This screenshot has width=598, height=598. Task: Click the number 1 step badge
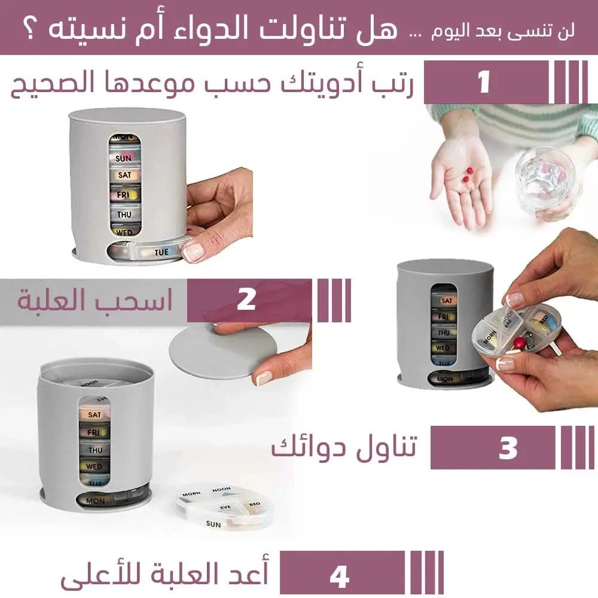(x=484, y=83)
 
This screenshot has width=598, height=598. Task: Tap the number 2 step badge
(x=246, y=300)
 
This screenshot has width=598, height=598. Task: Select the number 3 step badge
(x=508, y=448)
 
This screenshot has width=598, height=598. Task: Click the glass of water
(x=545, y=179)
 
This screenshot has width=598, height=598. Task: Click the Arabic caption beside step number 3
(x=344, y=447)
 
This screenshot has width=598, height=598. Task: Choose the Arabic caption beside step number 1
(x=212, y=84)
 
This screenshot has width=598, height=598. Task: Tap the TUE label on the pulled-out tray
(x=161, y=252)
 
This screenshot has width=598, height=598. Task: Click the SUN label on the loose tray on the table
(x=213, y=524)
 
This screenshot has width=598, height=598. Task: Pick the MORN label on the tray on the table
(x=191, y=495)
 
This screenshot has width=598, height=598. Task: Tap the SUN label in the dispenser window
(x=124, y=158)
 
